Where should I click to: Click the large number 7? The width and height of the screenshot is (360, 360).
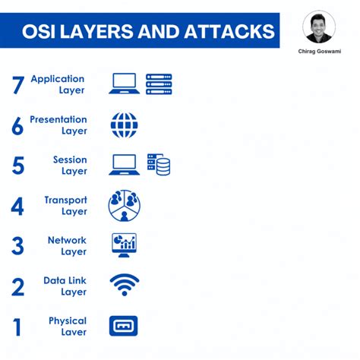pyautogui.click(x=19, y=84)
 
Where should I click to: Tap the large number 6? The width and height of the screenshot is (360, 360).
pyautogui.click(x=18, y=125)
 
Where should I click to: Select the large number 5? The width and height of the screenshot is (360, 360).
pyautogui.click(x=18, y=166)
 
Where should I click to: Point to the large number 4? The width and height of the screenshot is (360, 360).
pyautogui.click(x=17, y=206)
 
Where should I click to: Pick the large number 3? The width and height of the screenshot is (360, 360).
pyautogui.click(x=17, y=246)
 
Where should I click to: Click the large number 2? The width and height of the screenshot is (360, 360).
pyautogui.click(x=18, y=286)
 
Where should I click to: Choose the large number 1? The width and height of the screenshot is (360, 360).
pyautogui.click(x=17, y=327)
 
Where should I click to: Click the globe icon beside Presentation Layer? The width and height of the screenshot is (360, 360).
pyautogui.click(x=124, y=125)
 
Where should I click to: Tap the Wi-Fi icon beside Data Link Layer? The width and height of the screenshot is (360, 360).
pyautogui.click(x=124, y=285)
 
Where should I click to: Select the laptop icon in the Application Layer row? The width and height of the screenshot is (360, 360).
pyautogui.click(x=124, y=84)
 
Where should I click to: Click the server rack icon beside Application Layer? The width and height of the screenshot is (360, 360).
pyautogui.click(x=159, y=84)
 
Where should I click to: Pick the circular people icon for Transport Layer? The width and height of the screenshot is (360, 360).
pyautogui.click(x=124, y=205)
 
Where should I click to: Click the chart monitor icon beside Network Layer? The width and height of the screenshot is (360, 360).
pyautogui.click(x=124, y=245)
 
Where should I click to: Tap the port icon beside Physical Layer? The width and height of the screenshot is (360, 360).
pyautogui.click(x=124, y=326)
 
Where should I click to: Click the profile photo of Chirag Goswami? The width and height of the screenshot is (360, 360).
pyautogui.click(x=318, y=27)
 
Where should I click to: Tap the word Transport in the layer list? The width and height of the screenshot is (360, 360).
pyautogui.click(x=65, y=200)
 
